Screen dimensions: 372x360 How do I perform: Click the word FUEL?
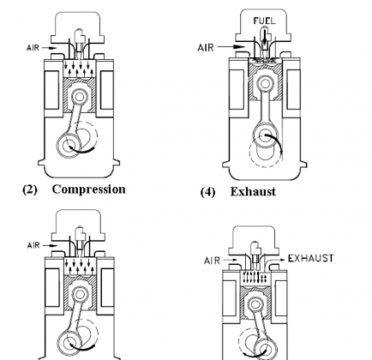(x=265, y=21)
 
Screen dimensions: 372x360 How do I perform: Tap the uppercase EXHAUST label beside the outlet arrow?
(x=310, y=258)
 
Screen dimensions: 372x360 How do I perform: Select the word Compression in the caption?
(x=89, y=189)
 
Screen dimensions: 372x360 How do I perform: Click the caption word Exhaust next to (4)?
(x=253, y=191)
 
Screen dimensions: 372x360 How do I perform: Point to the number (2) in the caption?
(x=30, y=189)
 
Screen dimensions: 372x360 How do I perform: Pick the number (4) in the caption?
(x=207, y=192)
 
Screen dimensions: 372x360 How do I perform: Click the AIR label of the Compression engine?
(x=33, y=47)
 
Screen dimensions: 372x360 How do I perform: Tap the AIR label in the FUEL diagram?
(x=206, y=47)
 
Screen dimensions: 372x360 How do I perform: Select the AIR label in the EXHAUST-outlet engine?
(x=212, y=261)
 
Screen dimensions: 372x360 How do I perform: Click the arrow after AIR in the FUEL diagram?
(x=231, y=46)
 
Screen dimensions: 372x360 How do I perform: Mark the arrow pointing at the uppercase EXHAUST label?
(x=276, y=260)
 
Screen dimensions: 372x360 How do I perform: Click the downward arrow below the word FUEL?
(x=265, y=37)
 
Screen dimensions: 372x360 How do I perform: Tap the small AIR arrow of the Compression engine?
(x=50, y=48)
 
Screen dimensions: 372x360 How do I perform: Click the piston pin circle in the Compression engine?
(x=80, y=97)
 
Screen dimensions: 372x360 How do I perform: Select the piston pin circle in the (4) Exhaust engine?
(x=265, y=84)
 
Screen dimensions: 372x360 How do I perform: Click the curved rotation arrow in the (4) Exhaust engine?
(x=276, y=142)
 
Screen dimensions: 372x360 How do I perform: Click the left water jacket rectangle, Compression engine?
(x=52, y=90)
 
